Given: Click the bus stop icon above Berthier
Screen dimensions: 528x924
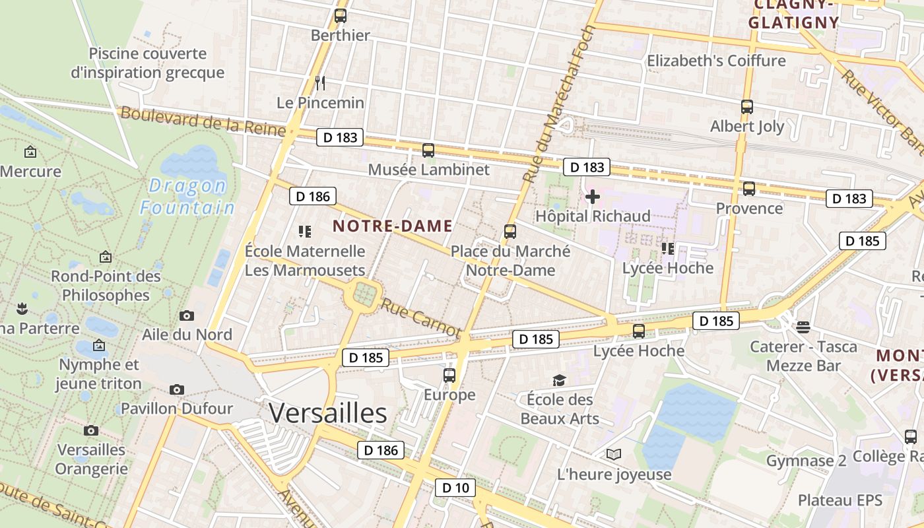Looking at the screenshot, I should click(x=341, y=16).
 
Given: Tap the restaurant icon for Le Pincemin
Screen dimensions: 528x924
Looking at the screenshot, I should click(x=321, y=83).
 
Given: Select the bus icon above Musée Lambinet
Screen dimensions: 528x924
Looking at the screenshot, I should click(x=428, y=150).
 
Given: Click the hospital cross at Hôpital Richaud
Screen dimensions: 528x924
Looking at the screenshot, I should click(x=593, y=197).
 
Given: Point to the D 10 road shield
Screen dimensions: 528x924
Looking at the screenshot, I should click(x=455, y=488).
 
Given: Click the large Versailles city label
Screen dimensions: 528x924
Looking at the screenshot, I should click(x=327, y=413).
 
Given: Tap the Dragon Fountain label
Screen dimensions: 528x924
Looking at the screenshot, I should click(x=187, y=197).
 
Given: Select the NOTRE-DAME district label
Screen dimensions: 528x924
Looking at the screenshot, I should click(x=393, y=226).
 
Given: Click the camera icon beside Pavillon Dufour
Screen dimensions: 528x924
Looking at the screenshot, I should click(x=177, y=390).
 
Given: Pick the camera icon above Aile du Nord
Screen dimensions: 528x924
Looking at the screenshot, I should click(x=187, y=316).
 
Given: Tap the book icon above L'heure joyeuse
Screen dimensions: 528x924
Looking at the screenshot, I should click(x=614, y=454).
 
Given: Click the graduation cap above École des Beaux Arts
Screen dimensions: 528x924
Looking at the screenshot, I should click(x=560, y=380).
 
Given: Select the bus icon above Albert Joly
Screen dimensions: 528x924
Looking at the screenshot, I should click(x=747, y=107).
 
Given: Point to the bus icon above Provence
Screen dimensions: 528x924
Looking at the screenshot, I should click(x=749, y=189).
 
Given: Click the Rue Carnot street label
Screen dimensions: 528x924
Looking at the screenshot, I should click(x=420, y=317).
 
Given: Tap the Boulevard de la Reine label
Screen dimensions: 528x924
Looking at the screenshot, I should click(x=203, y=122).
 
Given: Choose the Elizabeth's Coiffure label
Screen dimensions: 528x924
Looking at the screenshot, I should click(x=716, y=61).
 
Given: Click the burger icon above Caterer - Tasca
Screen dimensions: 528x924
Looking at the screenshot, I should click(x=803, y=327).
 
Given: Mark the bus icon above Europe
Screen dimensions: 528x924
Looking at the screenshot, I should click(x=449, y=376).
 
